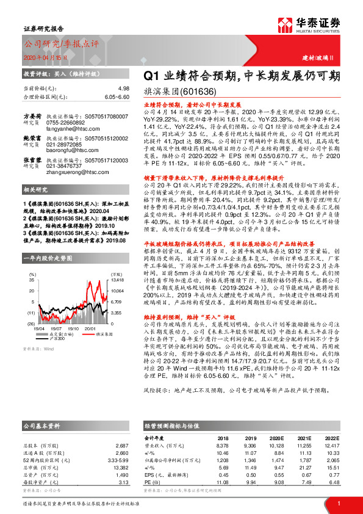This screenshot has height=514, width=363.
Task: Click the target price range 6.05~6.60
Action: click(117, 96)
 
